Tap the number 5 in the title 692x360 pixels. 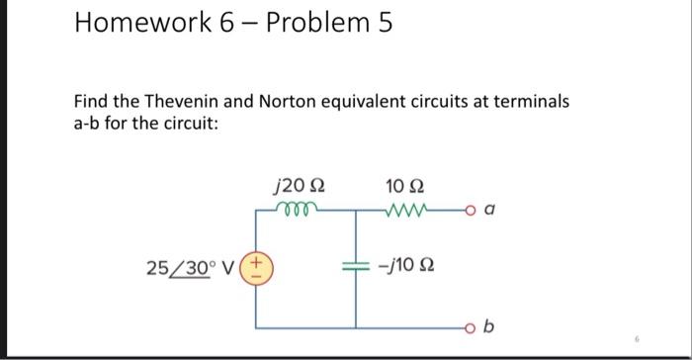click(383, 24)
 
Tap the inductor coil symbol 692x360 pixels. click(296, 208)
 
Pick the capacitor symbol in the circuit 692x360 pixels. click(355, 267)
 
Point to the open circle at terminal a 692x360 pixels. click(467, 209)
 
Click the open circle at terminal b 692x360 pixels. click(467, 325)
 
